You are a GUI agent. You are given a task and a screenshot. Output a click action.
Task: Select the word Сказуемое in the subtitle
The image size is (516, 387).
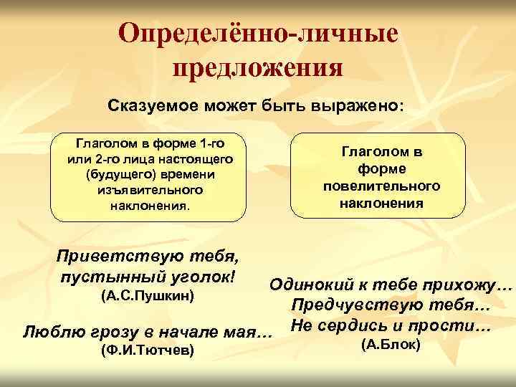click(148, 106)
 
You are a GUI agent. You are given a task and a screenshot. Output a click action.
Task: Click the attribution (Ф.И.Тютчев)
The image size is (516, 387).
click(149, 350)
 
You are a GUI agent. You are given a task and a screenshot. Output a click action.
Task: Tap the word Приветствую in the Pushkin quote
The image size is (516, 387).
click(115, 255)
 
